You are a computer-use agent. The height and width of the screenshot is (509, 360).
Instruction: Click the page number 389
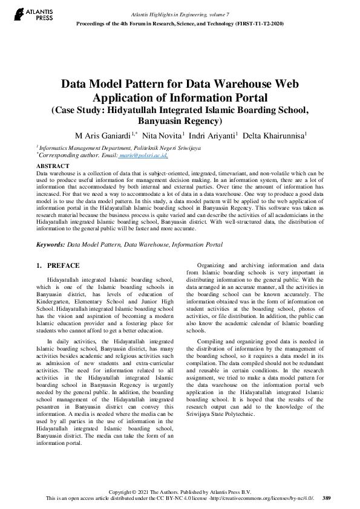coord(327,498)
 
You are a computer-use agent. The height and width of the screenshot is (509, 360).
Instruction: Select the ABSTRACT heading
coord(53,166)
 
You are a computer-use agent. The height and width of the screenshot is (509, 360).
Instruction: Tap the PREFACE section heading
coord(63,265)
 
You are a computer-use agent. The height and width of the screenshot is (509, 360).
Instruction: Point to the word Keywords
coord(51,245)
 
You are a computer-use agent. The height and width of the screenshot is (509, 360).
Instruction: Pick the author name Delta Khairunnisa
coord(274,134)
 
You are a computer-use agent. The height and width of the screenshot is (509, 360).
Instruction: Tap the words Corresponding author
coord(60,155)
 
